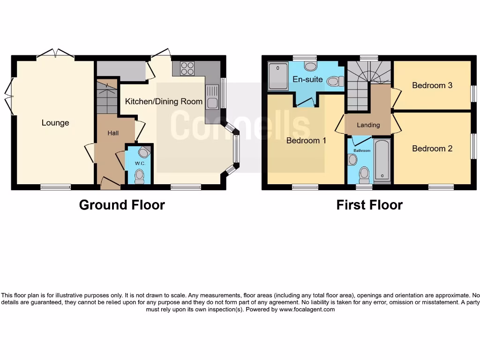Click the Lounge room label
point(55,123)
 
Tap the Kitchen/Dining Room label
point(164,101)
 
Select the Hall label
point(113,133)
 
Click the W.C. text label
point(140,163)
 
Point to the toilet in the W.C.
point(139,176)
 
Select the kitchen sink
point(211,96)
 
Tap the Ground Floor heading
point(122,205)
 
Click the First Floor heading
point(369,205)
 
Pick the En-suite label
point(307,79)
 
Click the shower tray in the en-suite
point(278,76)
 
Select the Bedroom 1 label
point(306,140)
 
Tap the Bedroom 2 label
point(432,149)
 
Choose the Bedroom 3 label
point(432,85)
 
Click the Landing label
point(368,125)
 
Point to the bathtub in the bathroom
point(382,159)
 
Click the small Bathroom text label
point(362,150)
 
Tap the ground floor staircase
point(107,96)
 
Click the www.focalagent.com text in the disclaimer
point(307,309)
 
